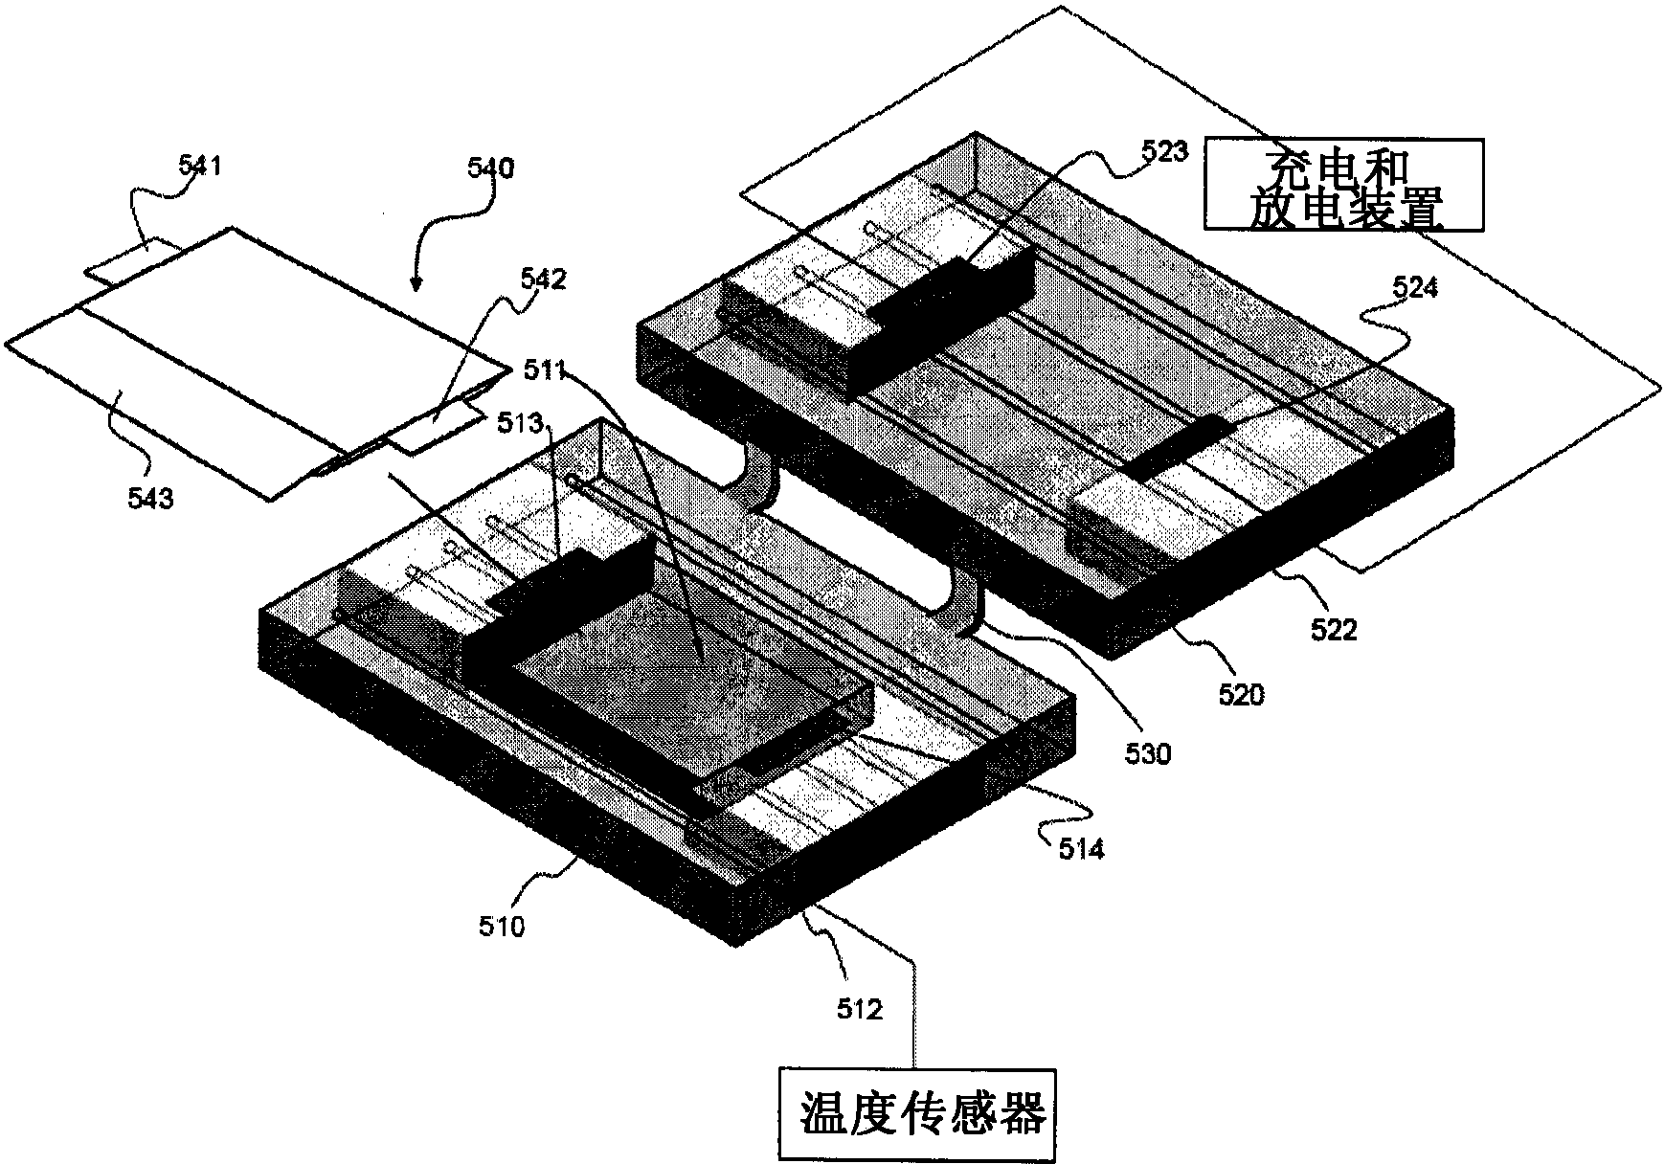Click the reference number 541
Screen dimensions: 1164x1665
[x=200, y=166]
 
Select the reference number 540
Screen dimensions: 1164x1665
[x=490, y=168]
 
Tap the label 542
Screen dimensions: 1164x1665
[x=544, y=280]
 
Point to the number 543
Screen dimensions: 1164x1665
[x=151, y=497]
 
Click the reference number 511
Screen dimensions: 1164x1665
[x=546, y=369]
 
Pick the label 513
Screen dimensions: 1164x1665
[x=518, y=422]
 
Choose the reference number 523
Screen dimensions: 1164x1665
[x=1165, y=151]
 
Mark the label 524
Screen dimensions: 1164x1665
[x=1413, y=287]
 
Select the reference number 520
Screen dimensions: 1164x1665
[x=1241, y=692]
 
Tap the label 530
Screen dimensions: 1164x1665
[x=1148, y=753]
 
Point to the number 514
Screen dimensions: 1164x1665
[x=1081, y=848]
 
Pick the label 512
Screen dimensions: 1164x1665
[x=859, y=1008]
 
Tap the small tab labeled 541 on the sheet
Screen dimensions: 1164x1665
[x=129, y=264]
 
